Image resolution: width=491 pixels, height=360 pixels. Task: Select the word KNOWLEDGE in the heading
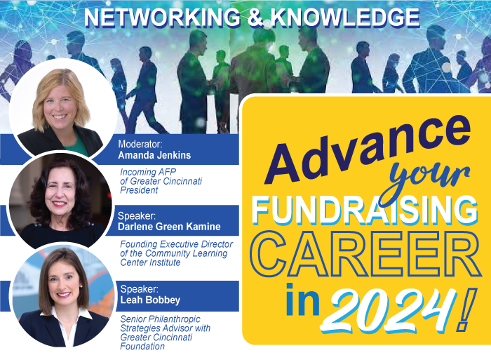345,18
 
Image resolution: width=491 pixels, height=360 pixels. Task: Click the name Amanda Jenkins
154,155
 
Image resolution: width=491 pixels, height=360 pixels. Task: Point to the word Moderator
140,144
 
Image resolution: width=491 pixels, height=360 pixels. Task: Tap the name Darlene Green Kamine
169,227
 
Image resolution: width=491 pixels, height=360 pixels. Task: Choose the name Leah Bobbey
150,300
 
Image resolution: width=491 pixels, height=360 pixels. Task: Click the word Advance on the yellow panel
366,150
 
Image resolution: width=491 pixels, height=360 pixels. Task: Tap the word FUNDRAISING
365,211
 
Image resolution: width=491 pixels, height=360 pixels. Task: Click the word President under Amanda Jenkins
139,190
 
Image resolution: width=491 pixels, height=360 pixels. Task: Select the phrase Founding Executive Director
176,244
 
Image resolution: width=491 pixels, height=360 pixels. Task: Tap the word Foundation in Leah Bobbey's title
142,346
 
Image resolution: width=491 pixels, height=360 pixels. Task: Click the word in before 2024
302,300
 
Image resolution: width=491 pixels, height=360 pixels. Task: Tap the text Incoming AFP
148,173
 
